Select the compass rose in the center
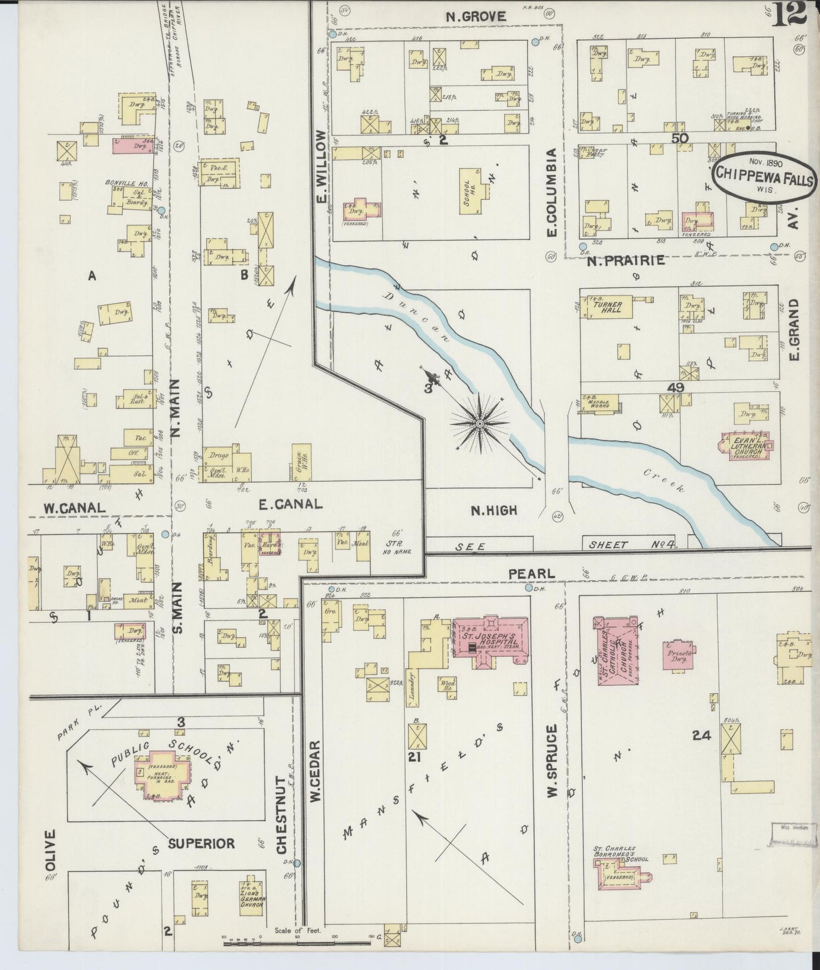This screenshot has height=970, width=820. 480,423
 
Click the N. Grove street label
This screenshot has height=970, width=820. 476,16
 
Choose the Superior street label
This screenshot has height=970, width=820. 201,844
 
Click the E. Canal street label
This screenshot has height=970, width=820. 290,504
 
